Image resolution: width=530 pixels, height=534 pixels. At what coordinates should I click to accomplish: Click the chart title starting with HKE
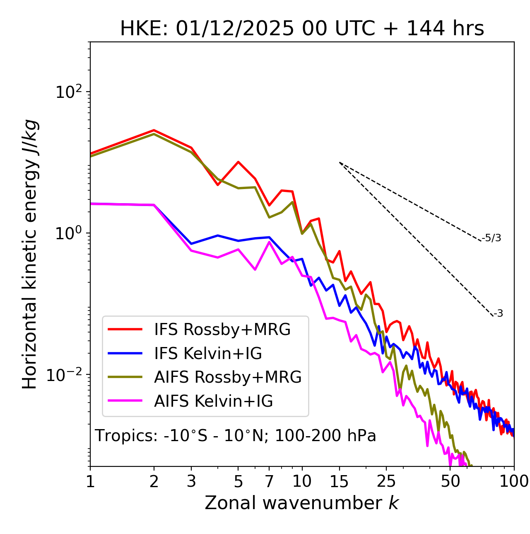point(302,29)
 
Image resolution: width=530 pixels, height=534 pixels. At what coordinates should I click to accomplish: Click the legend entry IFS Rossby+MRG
point(222,329)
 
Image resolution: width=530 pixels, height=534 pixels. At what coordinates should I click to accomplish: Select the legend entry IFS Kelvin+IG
point(208,353)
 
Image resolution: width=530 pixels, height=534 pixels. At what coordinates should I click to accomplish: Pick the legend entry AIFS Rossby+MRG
point(228,377)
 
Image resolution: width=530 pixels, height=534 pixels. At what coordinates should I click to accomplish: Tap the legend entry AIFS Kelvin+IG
point(213,401)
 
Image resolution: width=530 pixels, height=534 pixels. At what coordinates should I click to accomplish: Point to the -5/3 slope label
point(491,238)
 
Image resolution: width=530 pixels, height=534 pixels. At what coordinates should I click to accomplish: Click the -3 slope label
point(498,313)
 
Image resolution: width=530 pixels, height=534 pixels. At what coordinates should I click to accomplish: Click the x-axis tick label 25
point(386,481)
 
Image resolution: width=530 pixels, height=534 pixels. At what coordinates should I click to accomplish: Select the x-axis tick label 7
point(269,481)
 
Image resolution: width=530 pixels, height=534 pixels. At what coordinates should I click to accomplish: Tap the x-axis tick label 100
point(514,481)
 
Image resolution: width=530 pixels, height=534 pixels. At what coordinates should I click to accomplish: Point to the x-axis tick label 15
point(339,481)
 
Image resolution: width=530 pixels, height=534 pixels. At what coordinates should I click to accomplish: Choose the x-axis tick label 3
point(191,481)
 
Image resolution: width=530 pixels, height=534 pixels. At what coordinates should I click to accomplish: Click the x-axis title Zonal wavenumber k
point(302,503)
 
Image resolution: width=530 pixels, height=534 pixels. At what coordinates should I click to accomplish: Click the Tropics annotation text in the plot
point(236,436)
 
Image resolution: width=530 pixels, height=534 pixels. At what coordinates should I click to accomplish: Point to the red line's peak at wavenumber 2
point(154,130)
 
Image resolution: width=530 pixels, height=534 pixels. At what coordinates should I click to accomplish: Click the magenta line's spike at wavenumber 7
point(270,242)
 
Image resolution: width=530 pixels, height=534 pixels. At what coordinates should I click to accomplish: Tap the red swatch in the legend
point(125,329)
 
